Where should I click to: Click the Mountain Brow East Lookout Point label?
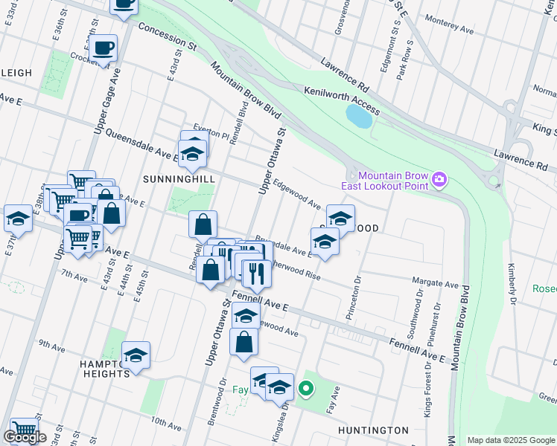[x=385, y=179]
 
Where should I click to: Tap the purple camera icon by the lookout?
[x=439, y=178]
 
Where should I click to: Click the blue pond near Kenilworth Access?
[x=359, y=116]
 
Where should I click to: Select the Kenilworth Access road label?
[x=342, y=100]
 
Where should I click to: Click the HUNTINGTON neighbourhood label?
[x=373, y=430]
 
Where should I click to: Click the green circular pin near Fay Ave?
[x=305, y=387]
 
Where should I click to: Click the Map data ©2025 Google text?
[x=511, y=440]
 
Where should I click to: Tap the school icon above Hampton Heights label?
[x=136, y=355]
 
